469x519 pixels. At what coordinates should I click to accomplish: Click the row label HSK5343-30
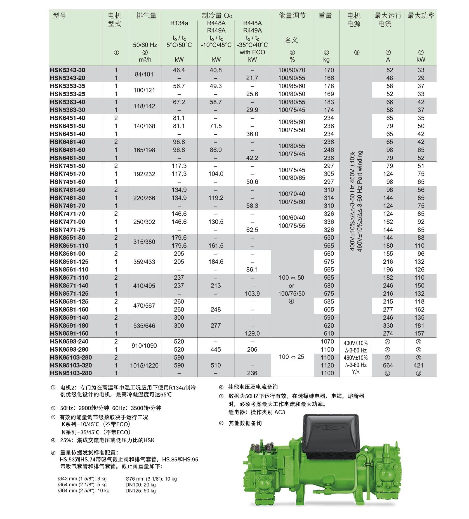(67, 70)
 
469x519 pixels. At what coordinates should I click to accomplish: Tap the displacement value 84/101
(144, 74)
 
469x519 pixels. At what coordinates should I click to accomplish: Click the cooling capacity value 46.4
(179, 70)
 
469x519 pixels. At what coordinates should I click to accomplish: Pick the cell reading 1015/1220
(144, 365)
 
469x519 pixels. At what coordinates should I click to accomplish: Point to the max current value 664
(388, 365)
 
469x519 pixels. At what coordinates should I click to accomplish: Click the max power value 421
(420, 365)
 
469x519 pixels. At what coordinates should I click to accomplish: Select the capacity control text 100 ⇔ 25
(291, 357)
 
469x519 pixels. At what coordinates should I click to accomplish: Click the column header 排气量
(146, 15)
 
